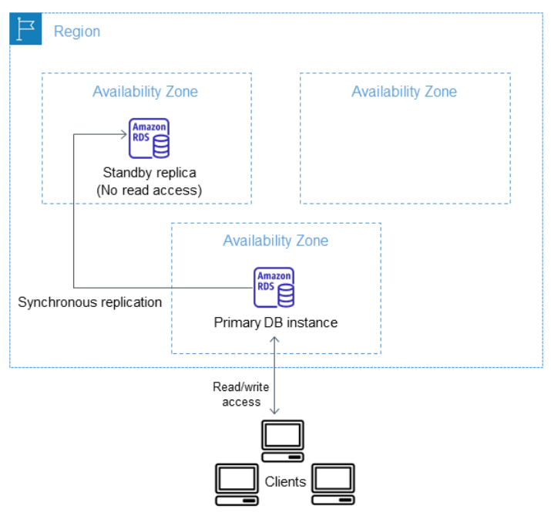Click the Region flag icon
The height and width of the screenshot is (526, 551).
tap(25, 29)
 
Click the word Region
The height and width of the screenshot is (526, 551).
tap(77, 32)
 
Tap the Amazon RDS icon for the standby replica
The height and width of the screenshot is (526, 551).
tap(149, 138)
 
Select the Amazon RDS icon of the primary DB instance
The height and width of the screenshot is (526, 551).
tap(274, 287)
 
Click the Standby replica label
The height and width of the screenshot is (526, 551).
tap(150, 173)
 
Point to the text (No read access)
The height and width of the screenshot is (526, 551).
tap(150, 191)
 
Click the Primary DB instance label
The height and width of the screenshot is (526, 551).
tap(276, 322)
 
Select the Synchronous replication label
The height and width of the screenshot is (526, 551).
tap(90, 302)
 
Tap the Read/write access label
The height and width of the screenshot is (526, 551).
tap(241, 394)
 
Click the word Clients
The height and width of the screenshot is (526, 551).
tap(285, 482)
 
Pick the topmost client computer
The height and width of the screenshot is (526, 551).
tap(283, 441)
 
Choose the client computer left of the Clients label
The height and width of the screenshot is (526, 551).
tap(237, 484)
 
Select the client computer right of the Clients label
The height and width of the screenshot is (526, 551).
tap(333, 484)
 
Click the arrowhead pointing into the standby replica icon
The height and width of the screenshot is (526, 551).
tap(124, 134)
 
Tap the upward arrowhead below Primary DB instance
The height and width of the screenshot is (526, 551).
tap(274, 339)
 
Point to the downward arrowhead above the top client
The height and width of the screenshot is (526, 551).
tap(274, 411)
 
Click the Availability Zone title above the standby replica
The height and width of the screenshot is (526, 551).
tap(145, 92)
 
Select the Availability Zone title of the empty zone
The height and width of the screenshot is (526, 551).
tap(404, 92)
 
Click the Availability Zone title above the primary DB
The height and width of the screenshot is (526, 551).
tap(276, 241)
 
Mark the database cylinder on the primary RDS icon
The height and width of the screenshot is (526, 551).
tap(286, 295)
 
